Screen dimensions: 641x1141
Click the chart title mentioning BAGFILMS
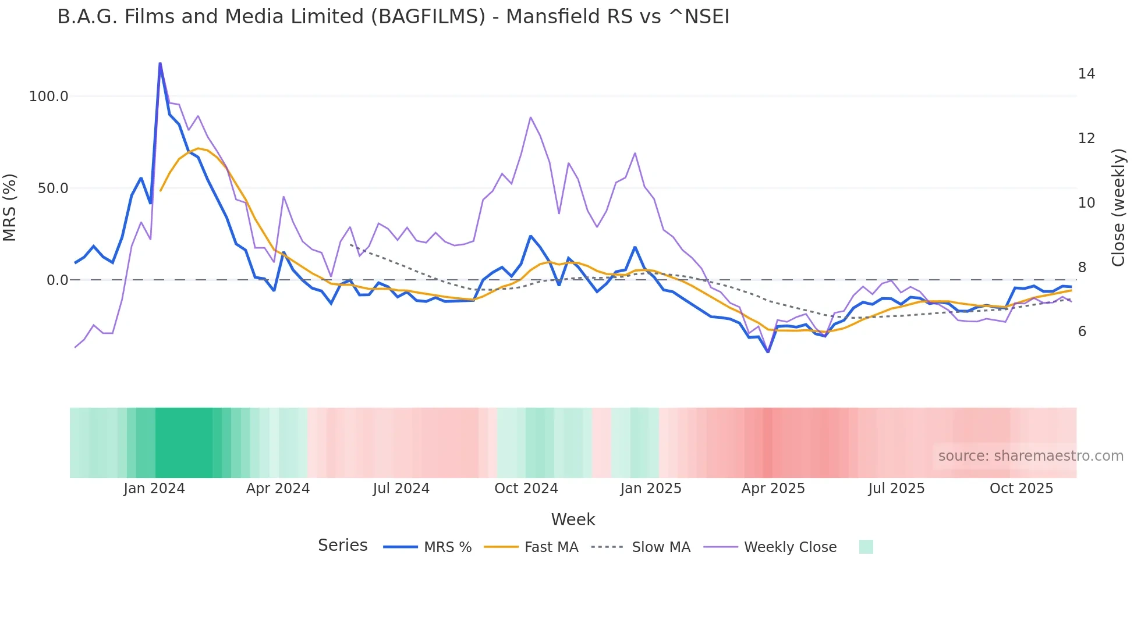point(393,17)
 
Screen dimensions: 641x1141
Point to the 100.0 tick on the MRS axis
point(48,97)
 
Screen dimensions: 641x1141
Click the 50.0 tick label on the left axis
point(52,188)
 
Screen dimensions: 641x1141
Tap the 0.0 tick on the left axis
point(57,280)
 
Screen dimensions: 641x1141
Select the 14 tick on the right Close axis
point(1086,74)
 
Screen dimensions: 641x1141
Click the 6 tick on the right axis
point(1082,332)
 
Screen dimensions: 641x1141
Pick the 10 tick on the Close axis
point(1086,203)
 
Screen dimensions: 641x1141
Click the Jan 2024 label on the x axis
point(154,489)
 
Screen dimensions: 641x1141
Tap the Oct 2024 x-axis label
point(526,489)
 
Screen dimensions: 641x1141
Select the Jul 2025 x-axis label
point(896,489)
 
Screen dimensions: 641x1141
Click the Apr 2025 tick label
point(773,489)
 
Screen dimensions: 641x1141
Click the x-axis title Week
point(573,519)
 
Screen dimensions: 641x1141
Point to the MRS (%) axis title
point(10,208)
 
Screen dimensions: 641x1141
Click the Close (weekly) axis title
point(1118,208)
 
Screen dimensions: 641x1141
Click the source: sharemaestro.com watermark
point(1030,456)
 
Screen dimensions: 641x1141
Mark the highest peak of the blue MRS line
point(160,63)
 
